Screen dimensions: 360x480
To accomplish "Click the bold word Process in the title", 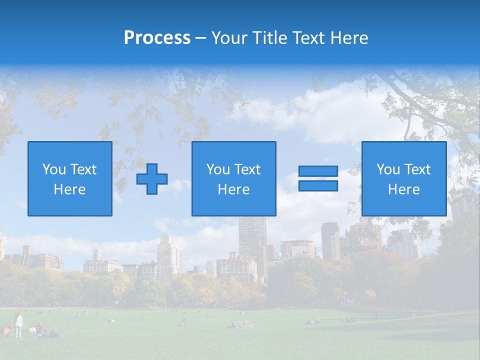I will (x=157, y=37).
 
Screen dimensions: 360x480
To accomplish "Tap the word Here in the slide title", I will (x=348, y=37).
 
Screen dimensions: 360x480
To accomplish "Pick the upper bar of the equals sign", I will (x=318, y=171).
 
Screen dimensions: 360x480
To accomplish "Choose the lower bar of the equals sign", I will (x=318, y=186).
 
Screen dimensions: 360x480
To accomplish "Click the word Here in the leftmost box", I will (x=69, y=189).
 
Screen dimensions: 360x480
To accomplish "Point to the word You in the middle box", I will (x=218, y=169).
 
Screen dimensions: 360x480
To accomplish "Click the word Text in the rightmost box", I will (x=417, y=169).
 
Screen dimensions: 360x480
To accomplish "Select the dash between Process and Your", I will (x=201, y=38).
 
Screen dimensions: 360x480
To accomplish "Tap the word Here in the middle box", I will (x=233, y=189).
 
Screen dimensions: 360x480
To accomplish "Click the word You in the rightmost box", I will (x=388, y=169).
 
